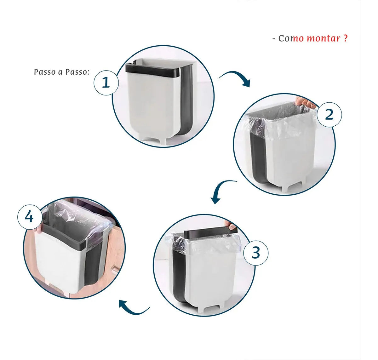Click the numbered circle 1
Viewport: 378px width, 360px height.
point(106,83)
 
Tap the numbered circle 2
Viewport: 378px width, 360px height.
point(329,114)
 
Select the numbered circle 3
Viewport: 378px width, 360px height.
point(256,253)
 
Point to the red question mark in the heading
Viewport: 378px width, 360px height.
point(345,38)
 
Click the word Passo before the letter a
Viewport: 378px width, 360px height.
point(44,72)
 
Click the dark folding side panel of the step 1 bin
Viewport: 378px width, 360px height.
point(186,100)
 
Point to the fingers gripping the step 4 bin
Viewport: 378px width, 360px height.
point(39,229)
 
